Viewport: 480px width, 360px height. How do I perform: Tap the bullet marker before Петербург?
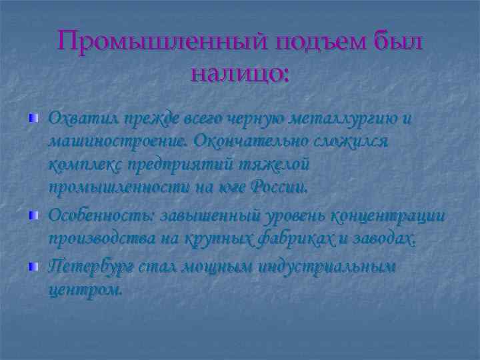33,266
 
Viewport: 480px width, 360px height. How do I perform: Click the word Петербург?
92,267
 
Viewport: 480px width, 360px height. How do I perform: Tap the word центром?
85,290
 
